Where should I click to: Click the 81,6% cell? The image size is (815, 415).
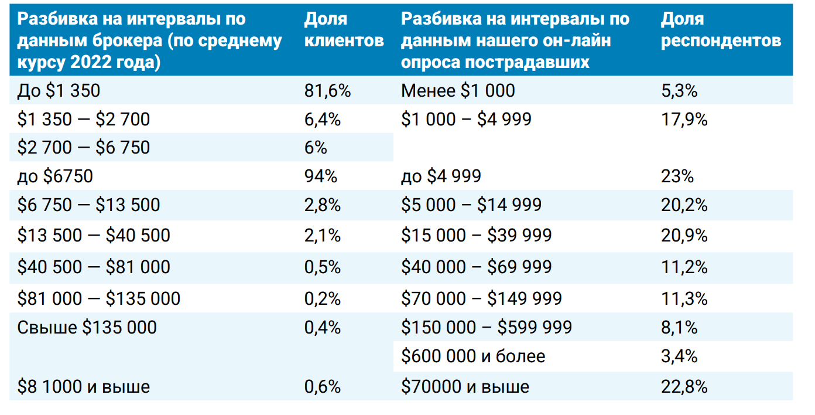click(x=327, y=91)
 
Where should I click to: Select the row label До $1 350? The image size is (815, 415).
click(x=59, y=91)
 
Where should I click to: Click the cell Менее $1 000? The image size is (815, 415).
click(x=458, y=91)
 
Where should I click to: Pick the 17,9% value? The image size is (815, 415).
click(x=684, y=120)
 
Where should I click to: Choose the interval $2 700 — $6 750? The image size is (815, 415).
click(x=84, y=147)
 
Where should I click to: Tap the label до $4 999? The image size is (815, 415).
click(x=441, y=176)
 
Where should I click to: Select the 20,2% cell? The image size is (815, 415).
click(x=684, y=205)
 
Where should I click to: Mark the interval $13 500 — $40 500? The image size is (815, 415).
click(x=94, y=236)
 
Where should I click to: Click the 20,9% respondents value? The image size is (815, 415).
click(x=684, y=236)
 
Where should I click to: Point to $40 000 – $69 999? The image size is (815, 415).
click(x=476, y=267)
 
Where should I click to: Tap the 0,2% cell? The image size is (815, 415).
click(x=323, y=298)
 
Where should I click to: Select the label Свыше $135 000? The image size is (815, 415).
click(x=87, y=327)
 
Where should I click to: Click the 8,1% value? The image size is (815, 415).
click(x=679, y=327)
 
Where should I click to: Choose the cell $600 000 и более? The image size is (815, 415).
click(x=473, y=356)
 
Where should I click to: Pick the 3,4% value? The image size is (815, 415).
click(x=679, y=356)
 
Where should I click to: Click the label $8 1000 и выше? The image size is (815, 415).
click(x=84, y=387)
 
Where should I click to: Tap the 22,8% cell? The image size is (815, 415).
click(x=684, y=387)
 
